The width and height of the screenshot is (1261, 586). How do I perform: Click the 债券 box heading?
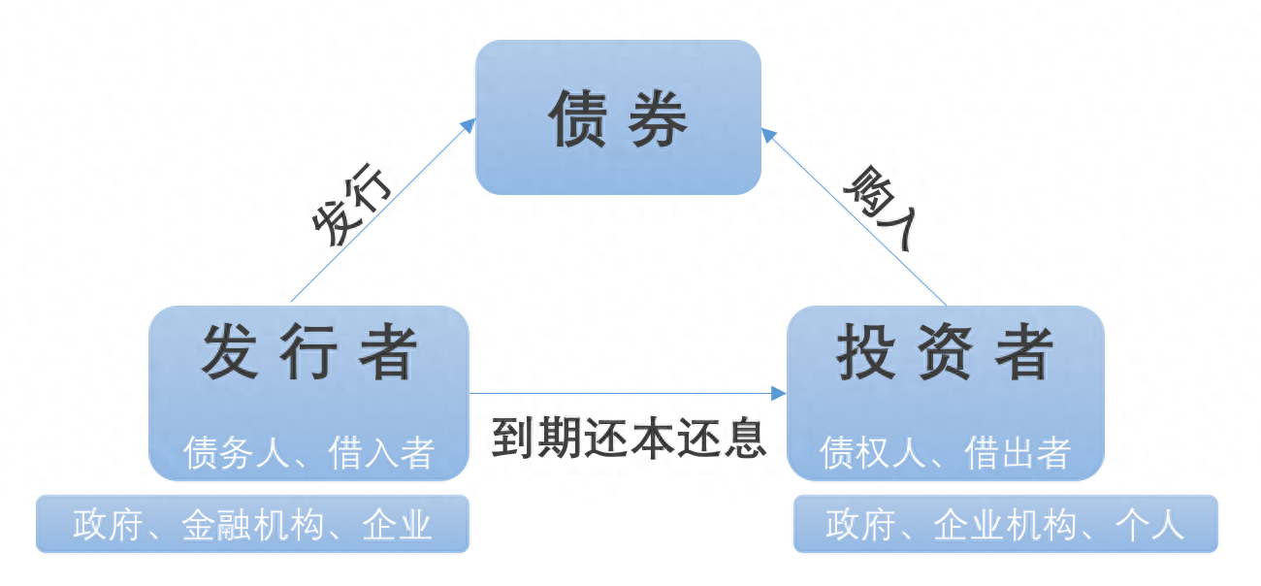pyautogui.click(x=618, y=119)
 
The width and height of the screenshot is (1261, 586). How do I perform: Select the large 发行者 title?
pyautogui.click(x=308, y=352)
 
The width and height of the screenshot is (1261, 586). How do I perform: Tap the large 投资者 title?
pyautogui.click(x=945, y=352)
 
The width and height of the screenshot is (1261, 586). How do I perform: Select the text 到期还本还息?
pyautogui.click(x=629, y=439)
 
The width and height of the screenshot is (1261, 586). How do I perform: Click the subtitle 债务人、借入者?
pyautogui.click(x=308, y=452)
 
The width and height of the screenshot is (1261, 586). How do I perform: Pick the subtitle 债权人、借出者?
pyautogui.click(x=945, y=452)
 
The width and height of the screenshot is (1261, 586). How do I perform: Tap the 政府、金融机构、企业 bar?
pyautogui.click(x=252, y=525)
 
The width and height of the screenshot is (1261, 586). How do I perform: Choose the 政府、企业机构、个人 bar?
pyautogui.click(x=1005, y=525)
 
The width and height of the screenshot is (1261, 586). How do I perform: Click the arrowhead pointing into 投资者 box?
pyautogui.click(x=778, y=393)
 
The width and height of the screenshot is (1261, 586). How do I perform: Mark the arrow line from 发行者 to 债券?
pyautogui.click(x=378, y=213)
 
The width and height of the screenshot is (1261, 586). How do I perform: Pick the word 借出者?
pyautogui.click(x=1018, y=452)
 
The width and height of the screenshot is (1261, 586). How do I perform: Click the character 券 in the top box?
pyautogui.click(x=657, y=119)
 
